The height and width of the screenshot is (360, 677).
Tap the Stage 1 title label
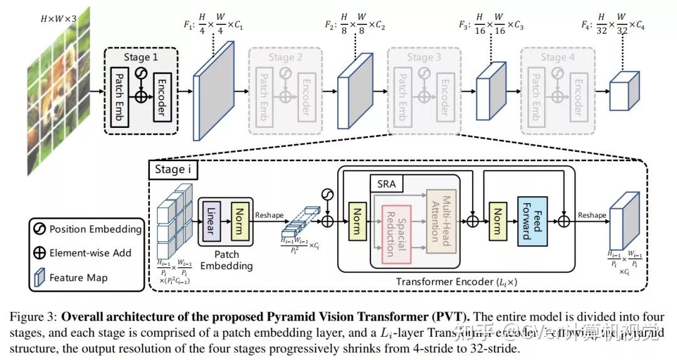pos(140,57)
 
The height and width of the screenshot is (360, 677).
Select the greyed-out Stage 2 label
pos(286,57)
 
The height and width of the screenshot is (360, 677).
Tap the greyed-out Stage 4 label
pos(557,57)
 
